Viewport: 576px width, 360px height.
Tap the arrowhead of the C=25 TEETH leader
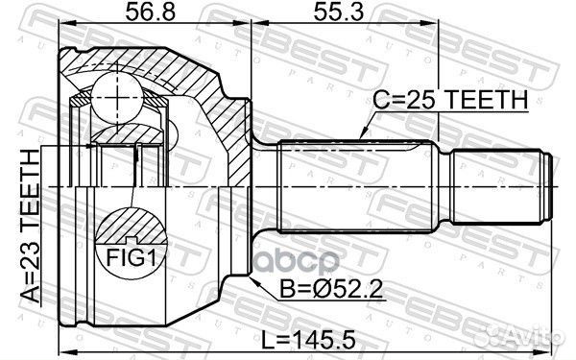pos(361,137)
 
